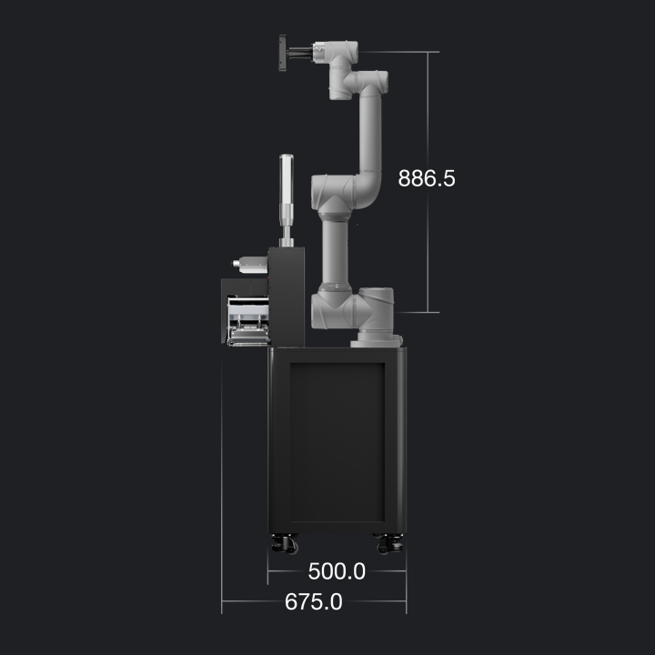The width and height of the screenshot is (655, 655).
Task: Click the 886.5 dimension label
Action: point(427,178)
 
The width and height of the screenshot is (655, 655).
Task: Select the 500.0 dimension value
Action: point(337,571)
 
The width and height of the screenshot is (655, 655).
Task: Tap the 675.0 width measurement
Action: point(313,601)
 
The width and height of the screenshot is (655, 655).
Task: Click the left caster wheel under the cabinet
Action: point(285,544)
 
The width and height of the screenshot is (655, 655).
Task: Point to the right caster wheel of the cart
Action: point(389,544)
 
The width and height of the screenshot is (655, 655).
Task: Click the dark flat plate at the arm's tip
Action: point(283,53)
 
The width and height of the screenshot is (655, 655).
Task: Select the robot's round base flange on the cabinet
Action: point(376,338)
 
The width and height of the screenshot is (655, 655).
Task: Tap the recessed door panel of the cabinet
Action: point(338,442)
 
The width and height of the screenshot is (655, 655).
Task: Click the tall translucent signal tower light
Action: point(287,179)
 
